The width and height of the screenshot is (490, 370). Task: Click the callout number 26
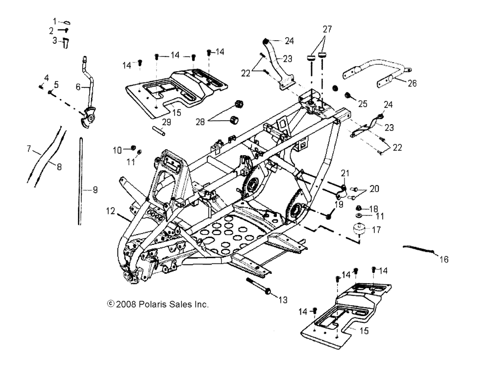tap(412, 83)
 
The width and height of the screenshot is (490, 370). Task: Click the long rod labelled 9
tap(79, 182)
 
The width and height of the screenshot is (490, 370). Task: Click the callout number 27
tap(327, 29)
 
